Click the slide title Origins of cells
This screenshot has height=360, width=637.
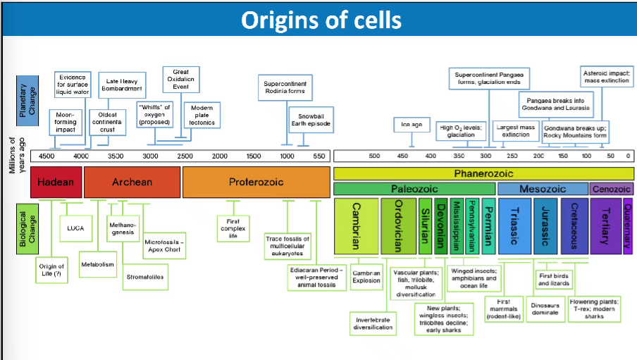tap(321, 19)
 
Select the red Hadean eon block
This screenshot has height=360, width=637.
tap(56, 182)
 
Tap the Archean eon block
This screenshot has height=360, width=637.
tap(132, 182)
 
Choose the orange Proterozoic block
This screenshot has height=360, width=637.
tap(256, 182)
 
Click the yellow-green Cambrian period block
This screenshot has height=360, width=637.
tap(356, 226)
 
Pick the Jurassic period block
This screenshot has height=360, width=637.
tap(545, 226)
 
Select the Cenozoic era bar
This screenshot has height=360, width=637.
tap(612, 189)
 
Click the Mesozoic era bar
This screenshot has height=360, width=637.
tap(543, 189)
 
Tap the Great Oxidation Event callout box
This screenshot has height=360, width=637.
tap(180, 78)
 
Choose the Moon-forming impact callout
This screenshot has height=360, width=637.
tap(65, 121)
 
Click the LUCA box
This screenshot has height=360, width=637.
tap(75, 228)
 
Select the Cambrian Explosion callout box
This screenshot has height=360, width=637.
tap(366, 276)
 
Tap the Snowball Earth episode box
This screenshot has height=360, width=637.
tap(311, 119)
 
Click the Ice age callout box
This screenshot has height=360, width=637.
tap(412, 125)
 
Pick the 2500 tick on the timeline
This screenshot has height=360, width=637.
tap(185, 156)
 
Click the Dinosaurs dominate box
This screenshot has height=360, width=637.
tap(545, 309)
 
